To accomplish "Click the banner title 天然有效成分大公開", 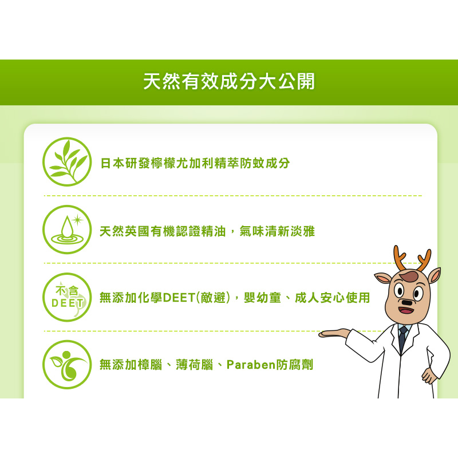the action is pos(229,81).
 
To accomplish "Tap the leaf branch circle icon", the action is pos(67,161).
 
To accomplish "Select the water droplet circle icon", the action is pos(67,230).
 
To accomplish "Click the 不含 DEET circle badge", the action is pos(67,297).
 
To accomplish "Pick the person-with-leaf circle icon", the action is pos(67,365).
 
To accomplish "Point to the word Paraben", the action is pos(251,365).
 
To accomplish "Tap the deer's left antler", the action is pos(400,258).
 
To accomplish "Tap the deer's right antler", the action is pos(424,260).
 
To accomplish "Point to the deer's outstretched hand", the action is pos(334,333).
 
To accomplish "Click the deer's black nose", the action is pos(407,303).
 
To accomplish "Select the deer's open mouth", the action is pos(406,310).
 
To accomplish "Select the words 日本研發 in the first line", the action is pos(125,163).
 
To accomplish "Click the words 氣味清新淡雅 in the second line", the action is pos(277,231).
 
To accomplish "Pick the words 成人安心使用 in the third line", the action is pos(333,298).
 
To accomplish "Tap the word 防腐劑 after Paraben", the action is pos(294,365).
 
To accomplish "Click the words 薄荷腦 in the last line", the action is pos(195,365).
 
